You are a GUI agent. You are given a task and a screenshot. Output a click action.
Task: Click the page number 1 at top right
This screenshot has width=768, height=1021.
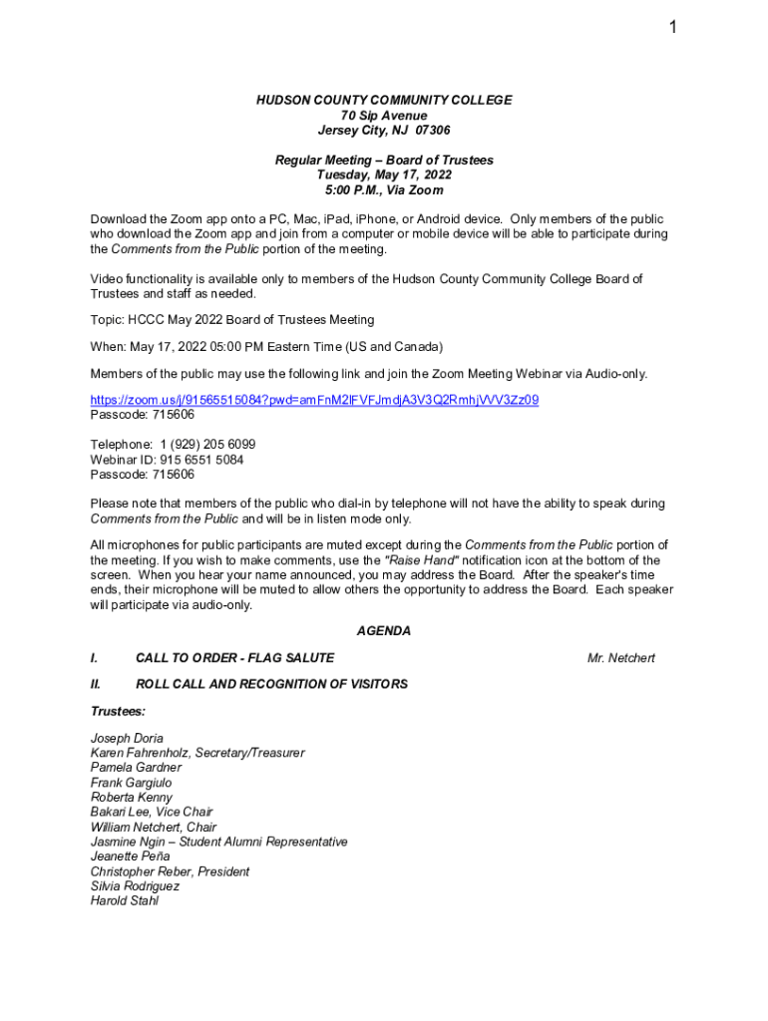673,27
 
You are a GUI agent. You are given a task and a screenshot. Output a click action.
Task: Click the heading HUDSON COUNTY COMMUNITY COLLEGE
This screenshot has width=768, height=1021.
384,101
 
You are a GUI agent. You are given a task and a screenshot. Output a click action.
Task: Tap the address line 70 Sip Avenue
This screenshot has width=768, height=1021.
384,116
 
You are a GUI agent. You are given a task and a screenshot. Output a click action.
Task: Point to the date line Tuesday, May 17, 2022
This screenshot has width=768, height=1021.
384,174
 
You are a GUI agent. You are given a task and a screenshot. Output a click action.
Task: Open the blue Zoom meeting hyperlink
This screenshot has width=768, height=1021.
314,400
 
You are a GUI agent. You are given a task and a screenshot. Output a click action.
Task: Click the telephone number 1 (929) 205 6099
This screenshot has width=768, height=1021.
206,445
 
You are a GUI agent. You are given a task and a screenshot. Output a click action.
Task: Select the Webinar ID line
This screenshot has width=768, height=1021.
167,460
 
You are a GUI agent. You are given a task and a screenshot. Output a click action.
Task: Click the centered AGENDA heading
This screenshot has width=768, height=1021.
384,631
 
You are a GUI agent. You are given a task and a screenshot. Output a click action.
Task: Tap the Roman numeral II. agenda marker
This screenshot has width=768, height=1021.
96,684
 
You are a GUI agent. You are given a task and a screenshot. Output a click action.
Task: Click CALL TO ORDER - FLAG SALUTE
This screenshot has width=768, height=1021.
234,658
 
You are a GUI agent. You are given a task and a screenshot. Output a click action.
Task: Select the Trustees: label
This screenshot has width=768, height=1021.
118,711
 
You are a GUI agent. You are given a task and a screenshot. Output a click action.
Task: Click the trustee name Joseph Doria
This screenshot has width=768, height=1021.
127,739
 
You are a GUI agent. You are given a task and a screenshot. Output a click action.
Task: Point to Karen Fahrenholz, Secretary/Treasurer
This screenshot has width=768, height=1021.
197,753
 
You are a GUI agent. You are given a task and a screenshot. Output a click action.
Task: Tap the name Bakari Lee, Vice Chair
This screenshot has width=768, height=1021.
151,813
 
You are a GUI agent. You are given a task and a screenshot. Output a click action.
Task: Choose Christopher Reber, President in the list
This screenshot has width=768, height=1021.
170,871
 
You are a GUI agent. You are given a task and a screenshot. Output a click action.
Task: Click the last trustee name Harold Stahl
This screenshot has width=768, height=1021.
124,901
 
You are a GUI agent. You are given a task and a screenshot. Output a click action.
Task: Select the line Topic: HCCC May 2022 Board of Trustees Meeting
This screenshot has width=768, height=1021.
232,320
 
